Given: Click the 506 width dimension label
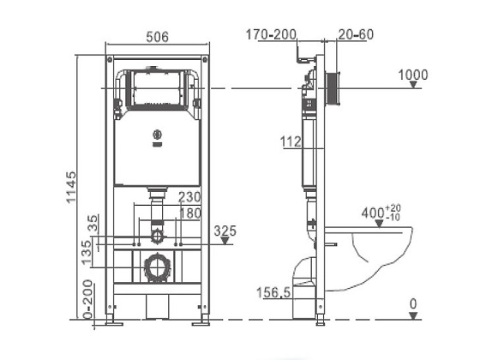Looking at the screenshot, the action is (158, 37).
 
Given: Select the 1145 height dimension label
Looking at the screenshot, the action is (70, 188).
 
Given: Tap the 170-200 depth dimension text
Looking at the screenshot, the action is (271, 34).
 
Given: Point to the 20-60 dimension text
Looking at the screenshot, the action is (356, 34).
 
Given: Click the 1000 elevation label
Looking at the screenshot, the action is (412, 75).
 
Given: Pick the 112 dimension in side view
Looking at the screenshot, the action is (291, 141).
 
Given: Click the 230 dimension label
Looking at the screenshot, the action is (189, 197).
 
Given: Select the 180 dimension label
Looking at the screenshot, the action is (189, 213).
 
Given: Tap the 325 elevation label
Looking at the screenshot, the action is (225, 231).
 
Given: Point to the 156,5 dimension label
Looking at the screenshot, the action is (273, 292).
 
